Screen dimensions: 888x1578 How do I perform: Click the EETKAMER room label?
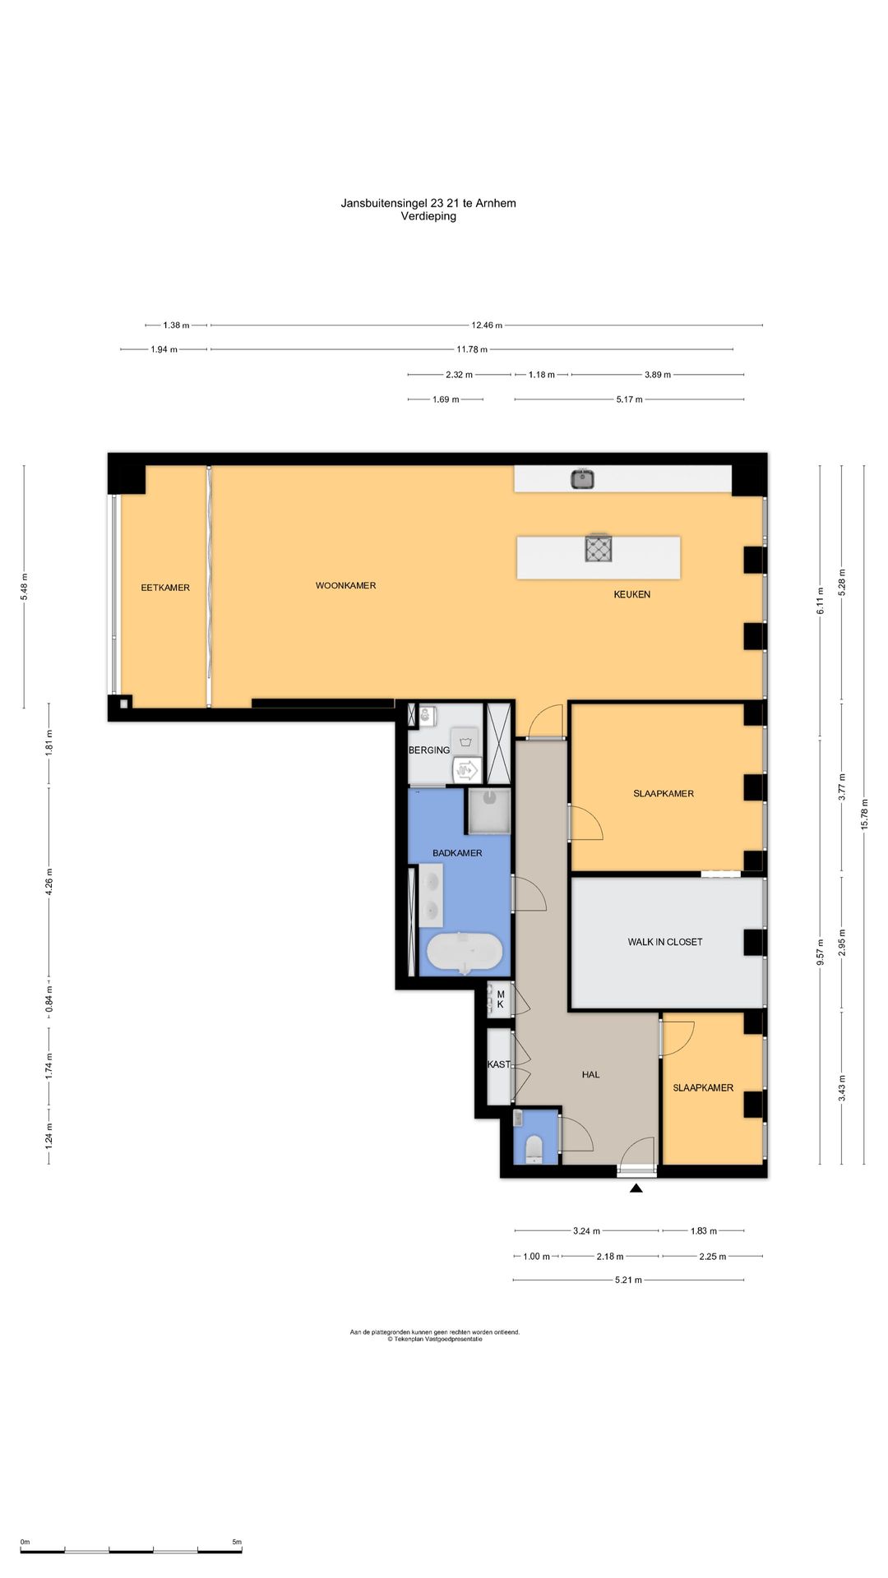(165, 588)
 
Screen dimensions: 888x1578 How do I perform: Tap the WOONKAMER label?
(345, 586)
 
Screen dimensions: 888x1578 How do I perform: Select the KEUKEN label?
(631, 594)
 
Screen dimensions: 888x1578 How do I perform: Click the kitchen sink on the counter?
(583, 478)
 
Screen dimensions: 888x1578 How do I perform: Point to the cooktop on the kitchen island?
(599, 547)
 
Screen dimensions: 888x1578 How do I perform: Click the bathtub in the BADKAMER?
(465, 954)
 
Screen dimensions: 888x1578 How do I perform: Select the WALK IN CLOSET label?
(665, 942)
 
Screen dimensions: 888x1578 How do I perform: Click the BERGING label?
(429, 750)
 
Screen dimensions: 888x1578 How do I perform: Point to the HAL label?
(590, 1074)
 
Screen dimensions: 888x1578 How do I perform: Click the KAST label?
(499, 1064)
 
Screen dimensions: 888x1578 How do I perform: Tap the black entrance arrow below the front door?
(636, 1187)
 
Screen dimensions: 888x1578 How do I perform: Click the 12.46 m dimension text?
(487, 325)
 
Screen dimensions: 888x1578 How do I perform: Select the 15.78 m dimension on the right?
(864, 814)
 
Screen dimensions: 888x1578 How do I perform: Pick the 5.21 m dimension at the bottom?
(628, 1280)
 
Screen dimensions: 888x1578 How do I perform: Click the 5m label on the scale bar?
(237, 1542)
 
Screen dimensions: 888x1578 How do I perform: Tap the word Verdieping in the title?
(428, 217)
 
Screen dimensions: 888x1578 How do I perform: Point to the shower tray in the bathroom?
(488, 810)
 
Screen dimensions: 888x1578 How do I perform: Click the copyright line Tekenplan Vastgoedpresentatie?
(435, 1339)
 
